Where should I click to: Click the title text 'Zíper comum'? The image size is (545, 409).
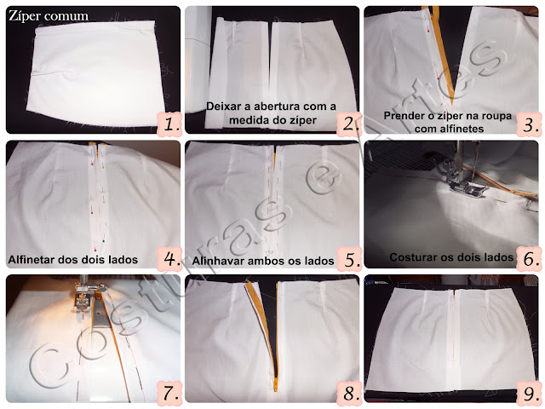coord(49,16)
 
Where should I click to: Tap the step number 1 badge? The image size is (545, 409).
coord(169,124)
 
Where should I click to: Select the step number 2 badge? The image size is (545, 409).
coord(348,124)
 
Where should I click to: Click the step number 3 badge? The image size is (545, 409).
coord(529,124)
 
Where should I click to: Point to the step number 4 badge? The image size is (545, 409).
coord(169,259)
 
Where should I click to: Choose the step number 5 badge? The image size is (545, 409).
coord(349,259)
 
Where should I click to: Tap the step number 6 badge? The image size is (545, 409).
coord(529,259)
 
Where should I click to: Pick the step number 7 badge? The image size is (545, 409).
coord(169,394)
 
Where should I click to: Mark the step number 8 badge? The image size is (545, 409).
coord(349,394)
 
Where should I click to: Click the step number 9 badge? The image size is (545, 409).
coord(529,394)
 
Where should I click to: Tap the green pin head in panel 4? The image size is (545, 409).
coord(103,240)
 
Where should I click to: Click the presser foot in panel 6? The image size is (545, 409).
coord(466,187)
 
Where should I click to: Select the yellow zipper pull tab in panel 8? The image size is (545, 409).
coord(276,384)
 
